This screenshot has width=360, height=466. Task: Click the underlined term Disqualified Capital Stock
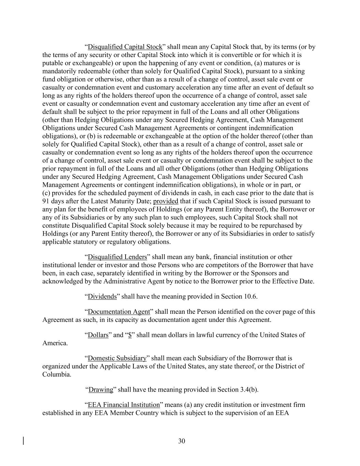125,47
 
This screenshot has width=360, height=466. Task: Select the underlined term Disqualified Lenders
117,257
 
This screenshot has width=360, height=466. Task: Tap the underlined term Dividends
102,296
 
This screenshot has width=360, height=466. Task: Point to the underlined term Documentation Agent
119,312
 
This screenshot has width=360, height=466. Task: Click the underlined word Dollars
98,335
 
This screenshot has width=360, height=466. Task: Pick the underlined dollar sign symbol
130,335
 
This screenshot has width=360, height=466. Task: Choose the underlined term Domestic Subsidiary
117,358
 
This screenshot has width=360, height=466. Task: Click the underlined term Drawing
101,390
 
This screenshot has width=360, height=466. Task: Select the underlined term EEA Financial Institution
124,405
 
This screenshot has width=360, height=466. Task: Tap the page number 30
182,441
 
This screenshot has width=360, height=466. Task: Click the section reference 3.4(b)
247,390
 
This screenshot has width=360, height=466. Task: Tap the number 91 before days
46,201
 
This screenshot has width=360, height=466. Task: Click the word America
55,343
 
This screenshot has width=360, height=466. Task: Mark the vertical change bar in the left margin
23,441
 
